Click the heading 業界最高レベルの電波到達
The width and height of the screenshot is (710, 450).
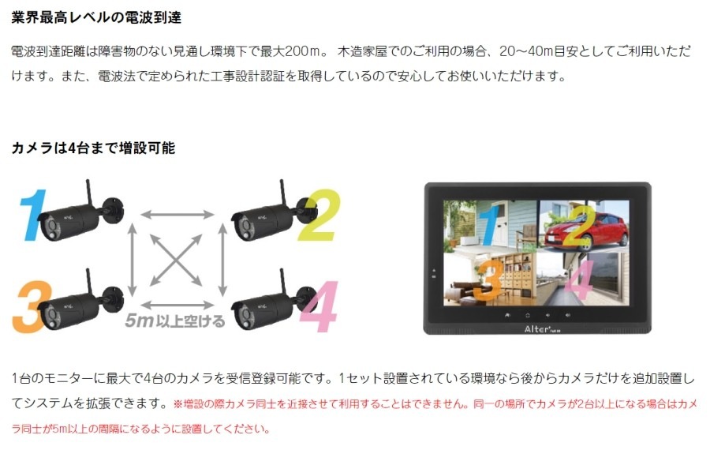click(x=96, y=17)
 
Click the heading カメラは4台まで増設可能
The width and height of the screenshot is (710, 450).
click(x=93, y=148)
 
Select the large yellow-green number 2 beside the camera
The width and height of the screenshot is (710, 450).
click(x=319, y=216)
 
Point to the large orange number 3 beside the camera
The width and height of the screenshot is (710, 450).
click(x=31, y=306)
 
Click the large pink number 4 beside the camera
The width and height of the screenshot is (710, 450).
click(x=320, y=306)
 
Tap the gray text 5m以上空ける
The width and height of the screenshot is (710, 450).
click(x=175, y=321)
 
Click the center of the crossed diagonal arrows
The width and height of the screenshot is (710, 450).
click(x=176, y=260)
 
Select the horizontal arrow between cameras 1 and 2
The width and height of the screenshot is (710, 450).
click(x=177, y=215)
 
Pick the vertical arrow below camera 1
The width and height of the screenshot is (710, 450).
click(x=133, y=260)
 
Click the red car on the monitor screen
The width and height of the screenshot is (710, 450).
click(x=586, y=231)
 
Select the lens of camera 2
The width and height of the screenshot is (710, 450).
click(x=246, y=227)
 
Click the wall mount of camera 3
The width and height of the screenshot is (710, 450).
click(x=113, y=298)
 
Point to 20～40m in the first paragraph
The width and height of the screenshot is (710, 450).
click(x=526, y=51)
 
